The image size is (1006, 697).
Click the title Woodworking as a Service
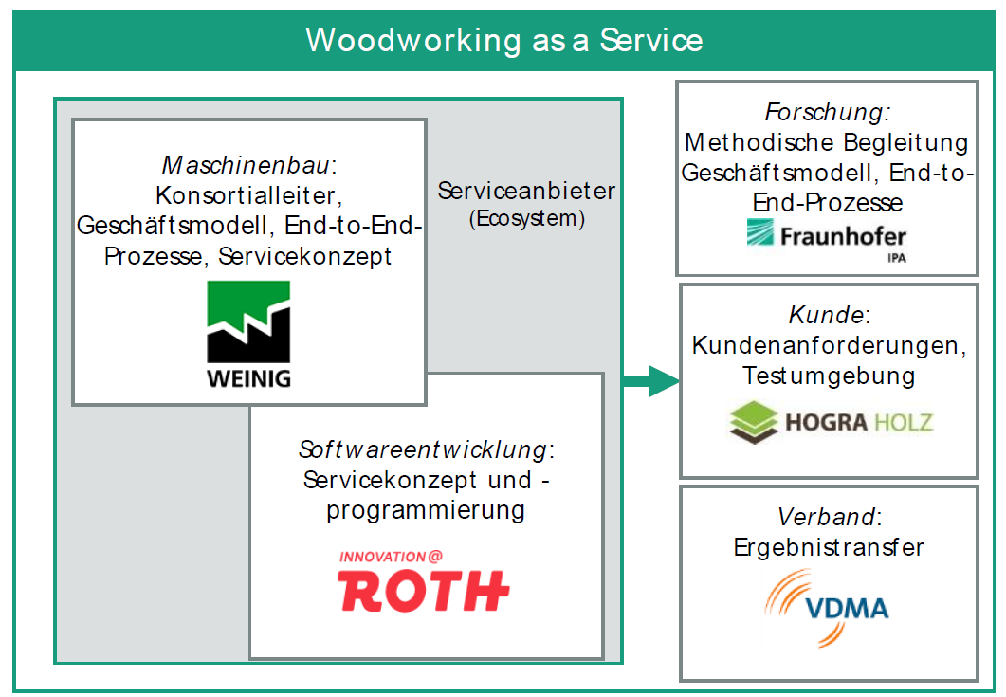[x=503, y=40]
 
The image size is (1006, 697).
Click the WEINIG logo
[x=248, y=335]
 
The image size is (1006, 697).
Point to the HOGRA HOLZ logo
[x=831, y=422]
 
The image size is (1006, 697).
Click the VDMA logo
[x=827, y=608]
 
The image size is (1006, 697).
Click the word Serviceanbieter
[x=527, y=191]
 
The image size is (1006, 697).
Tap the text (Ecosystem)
[x=527, y=219]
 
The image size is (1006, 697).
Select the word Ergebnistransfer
[x=829, y=547]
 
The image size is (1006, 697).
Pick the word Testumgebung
[x=829, y=376]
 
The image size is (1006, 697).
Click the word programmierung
[x=426, y=511]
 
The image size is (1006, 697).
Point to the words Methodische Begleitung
[x=827, y=142]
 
